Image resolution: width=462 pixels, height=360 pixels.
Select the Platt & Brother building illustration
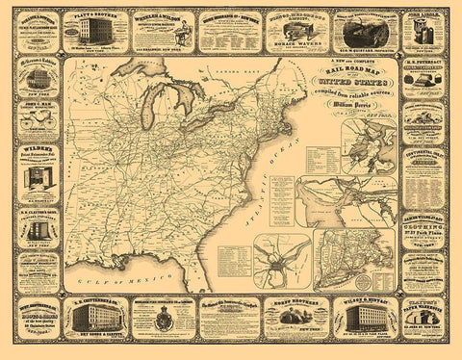(x=95, y=29)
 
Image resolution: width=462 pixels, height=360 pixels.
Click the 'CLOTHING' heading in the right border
(x=424, y=227)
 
